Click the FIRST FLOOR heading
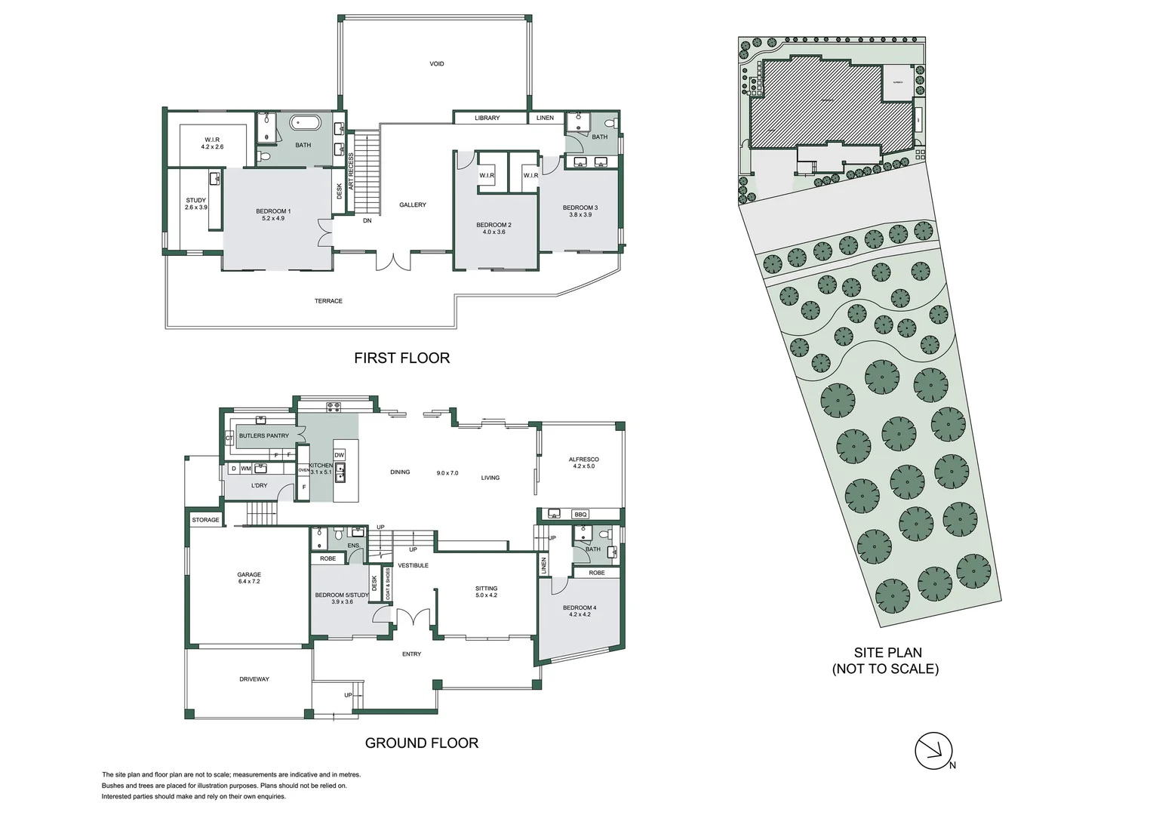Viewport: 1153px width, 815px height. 401,358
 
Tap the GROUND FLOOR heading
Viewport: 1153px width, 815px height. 421,743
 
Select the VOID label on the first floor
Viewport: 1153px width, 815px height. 436,64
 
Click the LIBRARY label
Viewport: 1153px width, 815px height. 487,118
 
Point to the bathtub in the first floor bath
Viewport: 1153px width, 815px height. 306,122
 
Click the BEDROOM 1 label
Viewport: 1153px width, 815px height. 273,211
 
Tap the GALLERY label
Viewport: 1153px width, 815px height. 413,205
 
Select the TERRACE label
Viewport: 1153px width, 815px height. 328,301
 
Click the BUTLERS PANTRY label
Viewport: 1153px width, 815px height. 263,436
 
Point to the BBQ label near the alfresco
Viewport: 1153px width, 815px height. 580,515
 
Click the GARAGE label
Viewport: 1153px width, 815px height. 249,575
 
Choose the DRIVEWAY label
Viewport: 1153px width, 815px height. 254,679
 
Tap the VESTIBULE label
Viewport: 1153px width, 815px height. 413,565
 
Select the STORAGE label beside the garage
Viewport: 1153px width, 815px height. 205,520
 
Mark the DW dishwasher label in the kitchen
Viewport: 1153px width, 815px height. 339,455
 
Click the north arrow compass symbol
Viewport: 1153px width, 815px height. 934,750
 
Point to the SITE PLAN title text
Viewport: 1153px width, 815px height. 887,654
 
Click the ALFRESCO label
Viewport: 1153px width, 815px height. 583,460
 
